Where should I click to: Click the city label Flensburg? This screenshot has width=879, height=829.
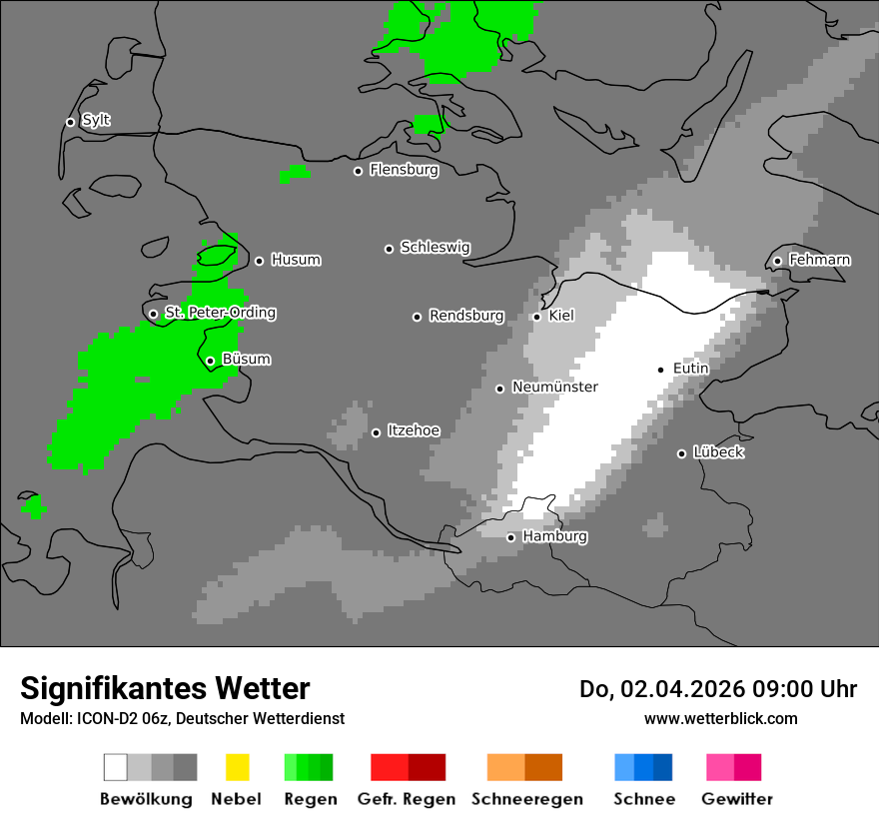pyautogui.click(x=404, y=170)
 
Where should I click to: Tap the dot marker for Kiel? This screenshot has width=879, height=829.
pyautogui.click(x=536, y=317)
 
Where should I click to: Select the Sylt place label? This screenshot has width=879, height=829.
pyautogui.click(x=96, y=121)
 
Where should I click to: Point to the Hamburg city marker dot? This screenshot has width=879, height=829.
pyautogui.click(x=510, y=537)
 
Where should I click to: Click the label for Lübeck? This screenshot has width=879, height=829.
pyautogui.click(x=718, y=452)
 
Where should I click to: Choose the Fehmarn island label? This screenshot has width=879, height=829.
pyautogui.click(x=819, y=260)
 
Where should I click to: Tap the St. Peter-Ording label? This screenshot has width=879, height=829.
pyautogui.click(x=220, y=313)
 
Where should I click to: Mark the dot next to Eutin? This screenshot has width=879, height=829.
pyautogui.click(x=660, y=370)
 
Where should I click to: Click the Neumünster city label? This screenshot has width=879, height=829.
pyautogui.click(x=554, y=387)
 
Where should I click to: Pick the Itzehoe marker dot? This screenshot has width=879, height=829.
pyautogui.click(x=376, y=432)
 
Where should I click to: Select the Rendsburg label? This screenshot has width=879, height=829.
pyautogui.click(x=466, y=316)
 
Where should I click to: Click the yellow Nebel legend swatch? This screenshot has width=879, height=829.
pyautogui.click(x=237, y=767)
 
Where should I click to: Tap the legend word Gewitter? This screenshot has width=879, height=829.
pyautogui.click(x=736, y=799)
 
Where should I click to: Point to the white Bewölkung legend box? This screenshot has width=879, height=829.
pyautogui.click(x=116, y=767)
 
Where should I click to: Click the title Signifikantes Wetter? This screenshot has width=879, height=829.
pyautogui.click(x=165, y=688)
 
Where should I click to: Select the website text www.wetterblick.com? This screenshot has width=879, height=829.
pyautogui.click(x=720, y=718)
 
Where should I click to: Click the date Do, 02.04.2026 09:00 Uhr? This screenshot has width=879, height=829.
pyautogui.click(x=718, y=689)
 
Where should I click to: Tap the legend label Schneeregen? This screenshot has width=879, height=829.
pyautogui.click(x=526, y=799)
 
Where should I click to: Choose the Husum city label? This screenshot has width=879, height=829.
pyautogui.click(x=296, y=260)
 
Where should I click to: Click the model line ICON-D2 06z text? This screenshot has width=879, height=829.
pyautogui.click(x=182, y=718)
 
